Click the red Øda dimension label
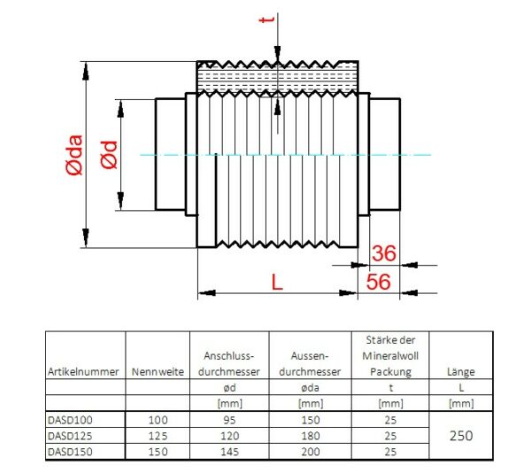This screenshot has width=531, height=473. (x=74, y=156)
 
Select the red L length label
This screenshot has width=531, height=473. (x=277, y=283)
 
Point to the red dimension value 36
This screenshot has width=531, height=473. (x=383, y=253)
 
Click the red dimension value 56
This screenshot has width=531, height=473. (x=379, y=282)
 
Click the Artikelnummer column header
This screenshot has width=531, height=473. (x=84, y=372)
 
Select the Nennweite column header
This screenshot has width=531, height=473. (x=158, y=372)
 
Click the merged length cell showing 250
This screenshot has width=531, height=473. (x=461, y=435)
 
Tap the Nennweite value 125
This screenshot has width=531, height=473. (x=158, y=436)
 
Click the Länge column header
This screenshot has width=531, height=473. (x=461, y=372)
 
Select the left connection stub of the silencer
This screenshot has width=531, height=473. (x=172, y=155)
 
